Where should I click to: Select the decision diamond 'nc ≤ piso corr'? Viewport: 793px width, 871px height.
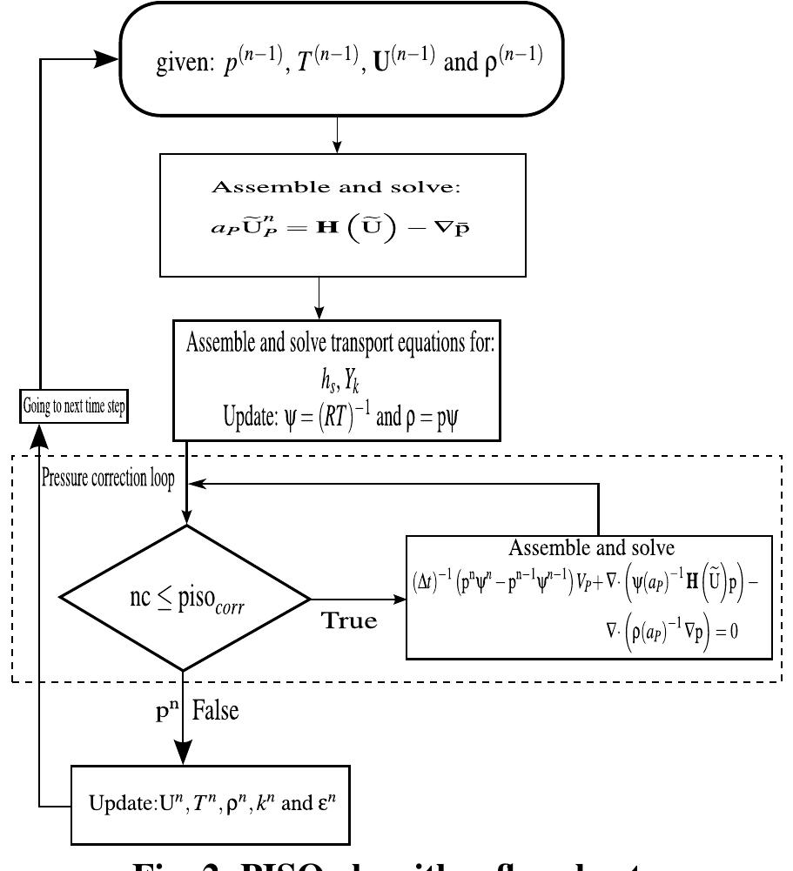point(185,599)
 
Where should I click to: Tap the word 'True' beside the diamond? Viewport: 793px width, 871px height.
point(350,620)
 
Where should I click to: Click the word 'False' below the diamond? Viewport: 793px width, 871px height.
point(215,711)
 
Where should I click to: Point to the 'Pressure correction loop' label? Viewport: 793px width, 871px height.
point(108,479)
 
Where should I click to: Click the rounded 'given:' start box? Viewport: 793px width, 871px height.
point(348,61)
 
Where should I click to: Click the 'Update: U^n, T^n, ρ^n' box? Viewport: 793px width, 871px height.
point(210,804)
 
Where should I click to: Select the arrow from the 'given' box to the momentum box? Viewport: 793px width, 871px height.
point(337,135)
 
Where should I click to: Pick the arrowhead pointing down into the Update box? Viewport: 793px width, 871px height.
point(185,754)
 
